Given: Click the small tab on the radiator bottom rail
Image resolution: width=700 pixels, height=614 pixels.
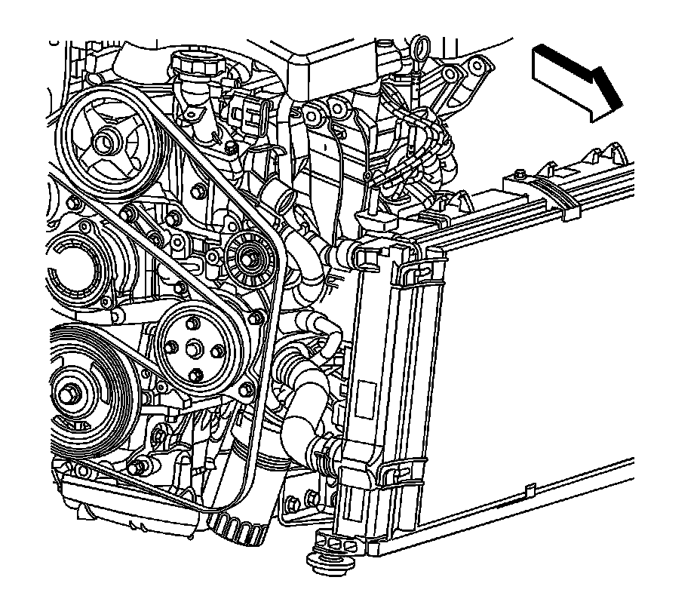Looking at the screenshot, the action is pyautogui.click(x=531, y=491).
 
